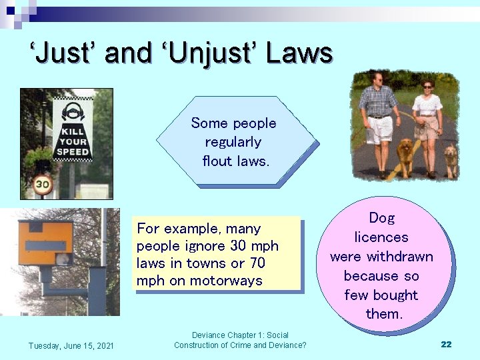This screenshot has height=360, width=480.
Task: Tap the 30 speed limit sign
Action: (x=43, y=183)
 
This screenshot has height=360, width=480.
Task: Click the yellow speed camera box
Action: (x=45, y=244)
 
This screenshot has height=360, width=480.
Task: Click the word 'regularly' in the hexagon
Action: (x=233, y=142)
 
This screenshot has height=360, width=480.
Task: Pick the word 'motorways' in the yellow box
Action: (x=233, y=281)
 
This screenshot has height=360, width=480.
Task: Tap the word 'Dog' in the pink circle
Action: (x=381, y=218)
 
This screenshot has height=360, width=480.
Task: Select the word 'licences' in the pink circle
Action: (x=381, y=237)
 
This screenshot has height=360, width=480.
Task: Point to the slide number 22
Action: (x=446, y=344)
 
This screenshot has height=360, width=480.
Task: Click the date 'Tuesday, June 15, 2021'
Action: (x=71, y=345)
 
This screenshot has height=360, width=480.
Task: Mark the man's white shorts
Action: (x=380, y=129)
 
